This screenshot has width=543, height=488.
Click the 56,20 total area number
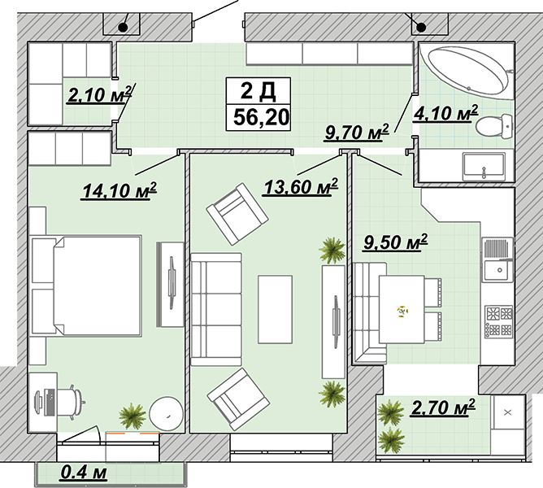click(x=261, y=117)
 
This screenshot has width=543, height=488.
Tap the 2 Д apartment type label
click(x=258, y=91)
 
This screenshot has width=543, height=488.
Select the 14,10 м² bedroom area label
click(x=119, y=190)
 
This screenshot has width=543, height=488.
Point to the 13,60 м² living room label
click(x=300, y=187)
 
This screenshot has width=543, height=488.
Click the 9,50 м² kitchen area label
click(x=395, y=242)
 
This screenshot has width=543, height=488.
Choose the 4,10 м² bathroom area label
click(x=445, y=113)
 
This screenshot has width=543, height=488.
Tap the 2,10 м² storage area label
click(x=100, y=94)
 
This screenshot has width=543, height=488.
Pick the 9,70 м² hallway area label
click(x=357, y=132)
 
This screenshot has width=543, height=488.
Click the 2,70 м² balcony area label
click(x=442, y=407)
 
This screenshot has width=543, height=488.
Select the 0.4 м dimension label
click(x=84, y=473)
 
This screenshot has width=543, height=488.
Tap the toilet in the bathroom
click(x=494, y=126)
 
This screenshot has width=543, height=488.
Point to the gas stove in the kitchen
click(x=498, y=322)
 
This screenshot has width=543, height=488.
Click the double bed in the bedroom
click(x=86, y=286)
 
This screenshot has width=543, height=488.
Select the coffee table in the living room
click(x=275, y=310)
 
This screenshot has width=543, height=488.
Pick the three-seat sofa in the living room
click(x=216, y=309)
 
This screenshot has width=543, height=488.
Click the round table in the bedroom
click(x=166, y=414)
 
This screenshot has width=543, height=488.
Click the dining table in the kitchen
click(x=402, y=309)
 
